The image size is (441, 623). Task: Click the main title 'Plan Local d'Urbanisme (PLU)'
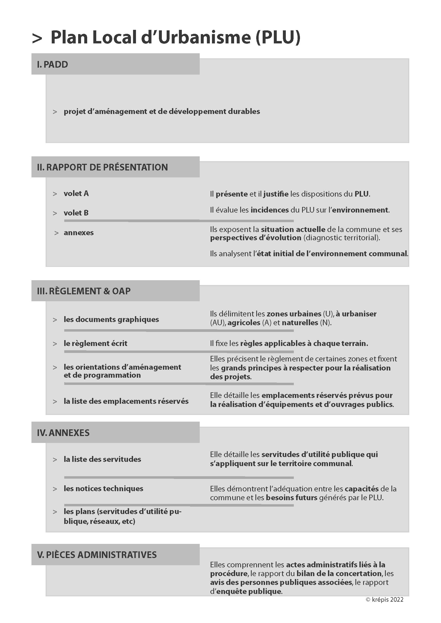[175, 37]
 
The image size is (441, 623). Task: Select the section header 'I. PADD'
[53, 64]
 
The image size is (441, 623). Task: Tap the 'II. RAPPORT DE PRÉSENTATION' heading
[102, 167]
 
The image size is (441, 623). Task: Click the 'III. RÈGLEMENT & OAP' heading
[84, 291]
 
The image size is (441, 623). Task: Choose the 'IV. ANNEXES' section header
[63, 433]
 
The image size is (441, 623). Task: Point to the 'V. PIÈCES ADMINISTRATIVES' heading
[97, 555]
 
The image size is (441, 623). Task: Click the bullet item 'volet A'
[76, 193]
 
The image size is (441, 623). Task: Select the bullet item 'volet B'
[76, 213]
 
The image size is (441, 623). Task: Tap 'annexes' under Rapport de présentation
[78, 233]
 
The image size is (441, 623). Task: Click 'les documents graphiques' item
[111, 319]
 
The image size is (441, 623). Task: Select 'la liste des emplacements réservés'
[126, 401]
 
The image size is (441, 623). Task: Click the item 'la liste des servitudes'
[102, 459]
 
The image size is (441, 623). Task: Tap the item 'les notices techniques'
[103, 488]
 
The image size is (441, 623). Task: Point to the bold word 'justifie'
[276, 194]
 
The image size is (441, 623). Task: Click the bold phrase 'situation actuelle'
[293, 229]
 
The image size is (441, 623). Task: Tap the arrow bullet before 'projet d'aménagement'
[55, 112]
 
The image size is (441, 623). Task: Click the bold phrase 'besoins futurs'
[292, 498]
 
